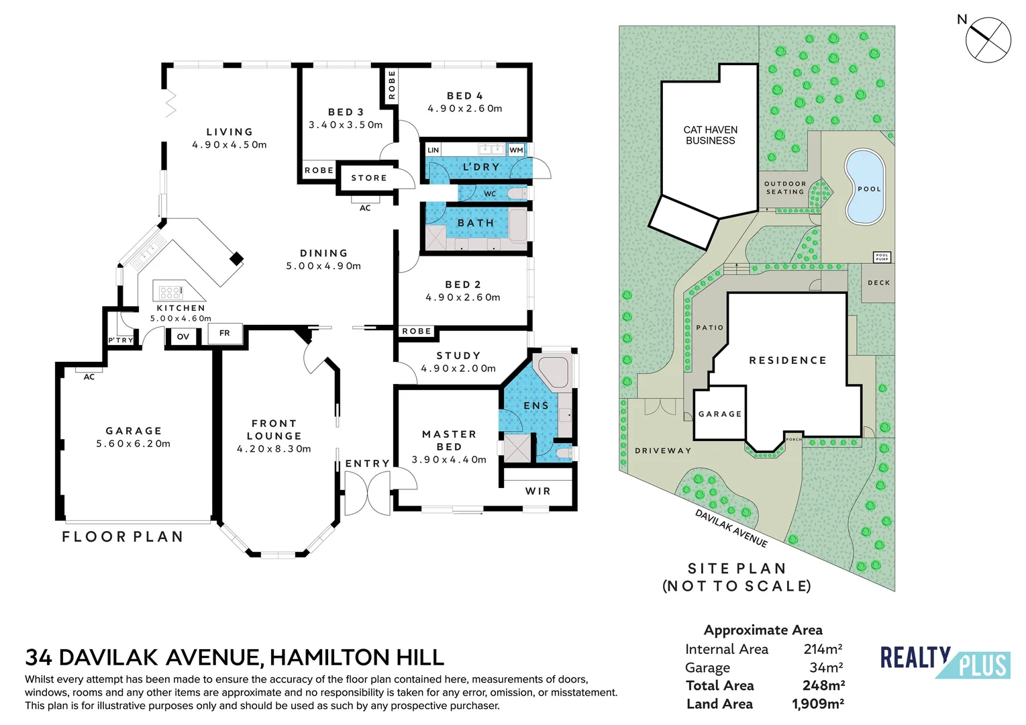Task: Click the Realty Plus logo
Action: point(944,662)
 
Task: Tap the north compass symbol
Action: point(988,40)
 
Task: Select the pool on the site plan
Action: point(864,187)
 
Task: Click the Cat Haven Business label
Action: point(710,135)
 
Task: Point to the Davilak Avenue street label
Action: point(731,528)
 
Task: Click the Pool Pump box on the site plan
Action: point(882,257)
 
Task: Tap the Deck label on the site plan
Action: point(878,283)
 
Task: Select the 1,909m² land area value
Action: point(817,704)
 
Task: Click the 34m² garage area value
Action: point(825,667)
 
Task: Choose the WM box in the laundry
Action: point(515,150)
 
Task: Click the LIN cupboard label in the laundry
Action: point(433,150)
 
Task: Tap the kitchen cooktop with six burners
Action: point(170,292)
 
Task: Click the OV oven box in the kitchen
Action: point(183,336)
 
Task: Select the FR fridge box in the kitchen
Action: point(225,333)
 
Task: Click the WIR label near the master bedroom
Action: point(537,491)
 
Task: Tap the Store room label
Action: point(369,178)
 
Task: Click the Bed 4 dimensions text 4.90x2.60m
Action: point(465,108)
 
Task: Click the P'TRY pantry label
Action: point(121,340)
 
